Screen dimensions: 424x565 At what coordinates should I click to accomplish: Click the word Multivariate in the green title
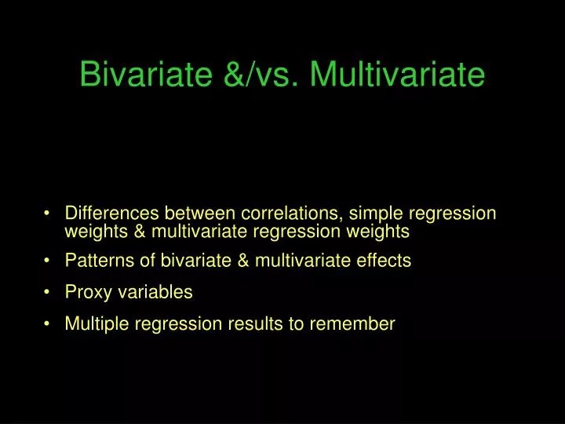tap(397, 75)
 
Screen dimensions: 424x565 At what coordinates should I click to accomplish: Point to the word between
tap(202, 214)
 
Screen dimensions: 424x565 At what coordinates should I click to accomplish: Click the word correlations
tap(291, 214)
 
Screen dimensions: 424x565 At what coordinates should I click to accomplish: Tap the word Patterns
tap(97, 261)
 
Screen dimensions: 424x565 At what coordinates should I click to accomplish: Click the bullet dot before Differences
tap(49, 214)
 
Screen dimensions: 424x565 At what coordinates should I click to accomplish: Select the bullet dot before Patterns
tap(49, 261)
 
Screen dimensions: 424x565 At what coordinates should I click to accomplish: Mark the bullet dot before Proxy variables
tap(49, 293)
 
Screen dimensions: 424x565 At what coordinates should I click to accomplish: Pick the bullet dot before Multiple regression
tap(49, 324)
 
